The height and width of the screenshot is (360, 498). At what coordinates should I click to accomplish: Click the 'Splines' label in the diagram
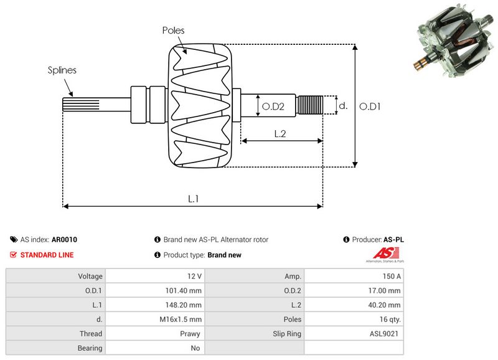pos(62,70)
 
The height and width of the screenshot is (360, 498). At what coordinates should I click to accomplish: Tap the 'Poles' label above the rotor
pos(173,30)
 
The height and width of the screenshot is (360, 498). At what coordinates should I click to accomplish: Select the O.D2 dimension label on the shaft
pos(273,107)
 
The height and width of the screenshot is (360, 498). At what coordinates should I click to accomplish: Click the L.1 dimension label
pos(194,199)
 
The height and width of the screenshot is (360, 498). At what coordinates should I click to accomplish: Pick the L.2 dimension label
pos(280,133)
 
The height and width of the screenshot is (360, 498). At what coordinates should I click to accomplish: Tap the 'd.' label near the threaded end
pos(342,106)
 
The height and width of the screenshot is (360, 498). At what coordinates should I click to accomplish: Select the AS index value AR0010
pos(64,239)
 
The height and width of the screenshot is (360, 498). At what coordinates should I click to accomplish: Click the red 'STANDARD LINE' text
pos(47,255)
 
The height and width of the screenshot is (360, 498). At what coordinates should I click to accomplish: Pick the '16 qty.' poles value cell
pos(389,320)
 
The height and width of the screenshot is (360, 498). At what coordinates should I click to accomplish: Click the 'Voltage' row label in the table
pos(90,276)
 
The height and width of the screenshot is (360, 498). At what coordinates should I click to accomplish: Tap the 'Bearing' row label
pos(91,348)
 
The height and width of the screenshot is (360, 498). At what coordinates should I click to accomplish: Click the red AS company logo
pos(382,253)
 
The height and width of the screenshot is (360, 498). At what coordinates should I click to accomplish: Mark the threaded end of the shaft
pos(309,105)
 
